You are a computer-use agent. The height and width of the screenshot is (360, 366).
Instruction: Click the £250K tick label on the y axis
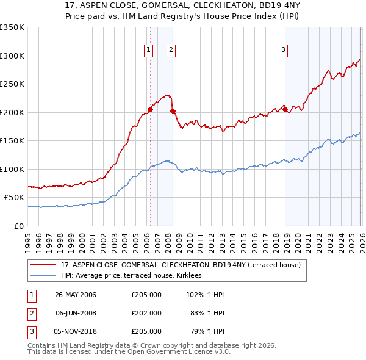coord(12,84)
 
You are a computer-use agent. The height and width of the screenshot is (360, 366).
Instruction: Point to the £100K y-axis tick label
coord(12,169)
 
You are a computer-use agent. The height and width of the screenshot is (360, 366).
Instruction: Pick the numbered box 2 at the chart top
coord(171,51)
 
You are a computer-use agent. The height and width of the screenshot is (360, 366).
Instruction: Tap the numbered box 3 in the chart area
coord(284,51)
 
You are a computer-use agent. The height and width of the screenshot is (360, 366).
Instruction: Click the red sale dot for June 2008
coord(173,112)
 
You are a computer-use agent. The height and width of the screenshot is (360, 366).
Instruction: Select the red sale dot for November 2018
coord(285,110)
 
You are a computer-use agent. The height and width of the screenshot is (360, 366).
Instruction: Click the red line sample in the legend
coord(44,265)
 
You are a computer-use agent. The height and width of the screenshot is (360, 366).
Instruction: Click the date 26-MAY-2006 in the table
coord(76,295)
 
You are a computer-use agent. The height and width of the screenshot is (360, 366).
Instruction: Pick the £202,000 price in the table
coord(146,313)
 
